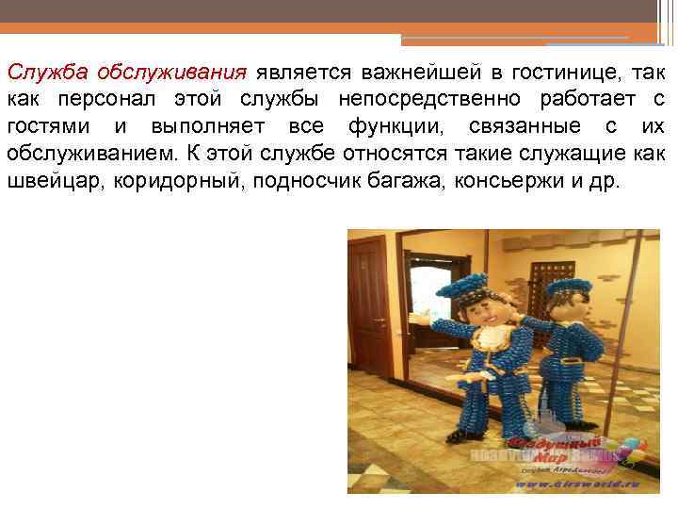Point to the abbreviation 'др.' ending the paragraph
coord(606,181)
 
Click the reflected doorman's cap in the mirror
coord(568,287)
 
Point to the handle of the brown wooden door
coord(379,322)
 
